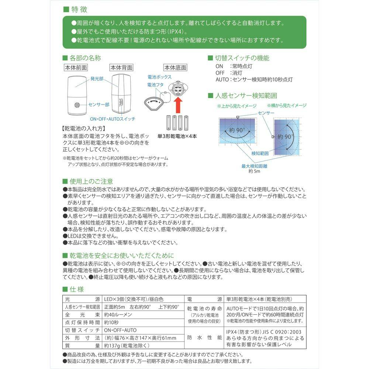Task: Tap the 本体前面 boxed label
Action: pyautogui.click(x=76, y=68)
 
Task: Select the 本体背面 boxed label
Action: pyautogui.click(x=121, y=68)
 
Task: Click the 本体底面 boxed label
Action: pyautogui.click(x=175, y=68)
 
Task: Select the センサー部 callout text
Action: pyautogui.click(x=99, y=105)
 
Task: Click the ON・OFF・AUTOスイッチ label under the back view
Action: pyautogui.click(x=113, y=119)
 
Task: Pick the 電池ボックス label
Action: pyautogui.click(x=159, y=77)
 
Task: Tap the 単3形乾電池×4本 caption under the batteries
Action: pyautogui.click(x=177, y=136)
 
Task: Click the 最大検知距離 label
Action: pyautogui.click(x=254, y=166)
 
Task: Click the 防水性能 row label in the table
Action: pyautogui.click(x=204, y=337)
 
